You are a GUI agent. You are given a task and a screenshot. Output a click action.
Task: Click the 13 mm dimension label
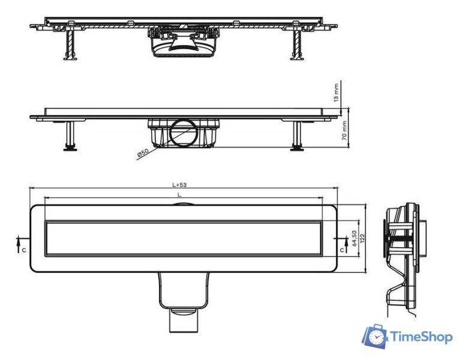(336, 93)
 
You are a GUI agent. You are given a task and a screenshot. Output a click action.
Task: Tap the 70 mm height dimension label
(344, 130)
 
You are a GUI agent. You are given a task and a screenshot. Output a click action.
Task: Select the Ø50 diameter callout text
(143, 154)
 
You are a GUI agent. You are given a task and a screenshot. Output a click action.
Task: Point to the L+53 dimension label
(179, 185)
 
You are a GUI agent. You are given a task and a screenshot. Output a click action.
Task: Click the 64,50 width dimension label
(354, 238)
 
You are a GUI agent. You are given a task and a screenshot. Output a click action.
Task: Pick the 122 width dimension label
(362, 239)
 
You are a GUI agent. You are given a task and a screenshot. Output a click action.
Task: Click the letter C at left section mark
(24, 250)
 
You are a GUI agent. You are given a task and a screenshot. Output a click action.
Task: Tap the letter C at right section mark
(342, 250)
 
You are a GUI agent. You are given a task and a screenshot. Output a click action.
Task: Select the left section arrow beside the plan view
(18, 244)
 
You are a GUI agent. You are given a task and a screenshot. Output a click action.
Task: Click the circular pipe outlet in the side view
(184, 133)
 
